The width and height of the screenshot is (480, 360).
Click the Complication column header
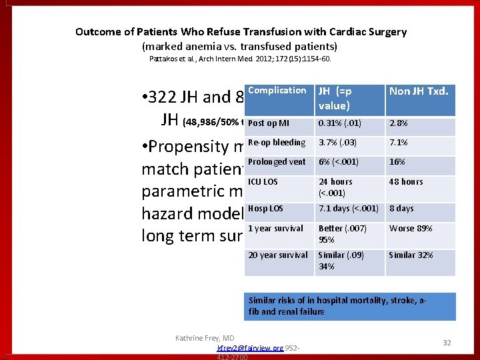point(277,91)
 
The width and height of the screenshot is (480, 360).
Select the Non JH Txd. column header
point(419,92)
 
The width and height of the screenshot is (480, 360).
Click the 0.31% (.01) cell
point(339,123)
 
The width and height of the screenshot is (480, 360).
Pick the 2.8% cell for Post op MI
point(399,123)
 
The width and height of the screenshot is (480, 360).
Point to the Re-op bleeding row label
point(277,143)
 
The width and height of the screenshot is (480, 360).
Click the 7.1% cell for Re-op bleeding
point(399,143)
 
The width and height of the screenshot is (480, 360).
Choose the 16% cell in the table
point(397,162)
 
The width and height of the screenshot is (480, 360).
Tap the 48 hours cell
point(406,182)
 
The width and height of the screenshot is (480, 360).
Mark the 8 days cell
point(401,209)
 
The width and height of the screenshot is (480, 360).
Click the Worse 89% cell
point(411,229)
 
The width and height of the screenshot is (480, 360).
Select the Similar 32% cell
point(411,255)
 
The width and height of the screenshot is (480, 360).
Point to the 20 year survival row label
point(278,255)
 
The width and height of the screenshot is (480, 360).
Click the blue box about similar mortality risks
point(350,307)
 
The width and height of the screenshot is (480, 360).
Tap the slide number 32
point(447,342)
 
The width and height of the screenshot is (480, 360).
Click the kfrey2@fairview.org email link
point(250,348)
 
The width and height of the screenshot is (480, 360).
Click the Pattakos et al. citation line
point(239,59)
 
